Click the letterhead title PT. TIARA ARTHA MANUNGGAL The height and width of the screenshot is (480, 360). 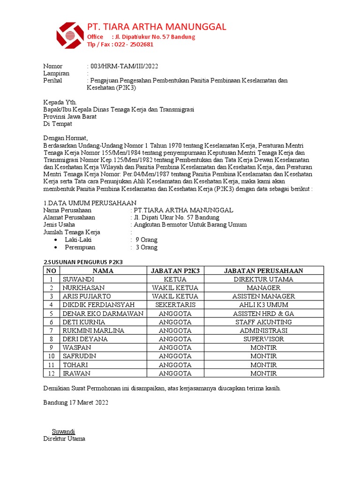tap(157, 26)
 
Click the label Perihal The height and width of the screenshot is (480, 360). tap(52, 81)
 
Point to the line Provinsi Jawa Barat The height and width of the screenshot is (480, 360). tap(70, 117)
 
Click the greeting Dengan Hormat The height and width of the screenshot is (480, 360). tap(65, 138)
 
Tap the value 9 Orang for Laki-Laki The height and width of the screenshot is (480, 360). tap(146, 240)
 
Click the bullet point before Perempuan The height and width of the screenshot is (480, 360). tap(56, 247)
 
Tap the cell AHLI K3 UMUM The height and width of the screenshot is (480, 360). tap(263, 305)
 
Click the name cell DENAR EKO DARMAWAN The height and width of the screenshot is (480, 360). tap(103, 314)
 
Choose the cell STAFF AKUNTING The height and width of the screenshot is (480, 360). tap(263, 322)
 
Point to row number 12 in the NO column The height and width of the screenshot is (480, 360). tap(52, 374)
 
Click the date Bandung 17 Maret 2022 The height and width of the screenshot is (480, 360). tap(75, 403)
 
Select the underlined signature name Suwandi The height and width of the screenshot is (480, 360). tap(63, 431)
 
